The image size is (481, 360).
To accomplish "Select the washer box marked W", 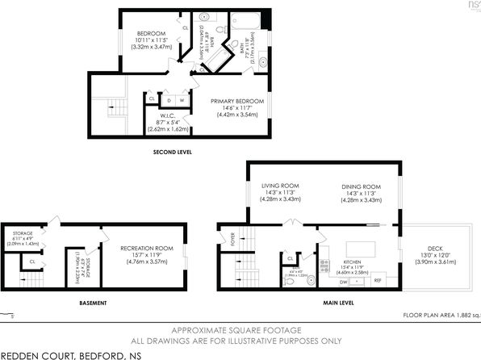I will tap(182, 100).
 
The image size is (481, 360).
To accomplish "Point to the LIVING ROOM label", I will tap(275, 186).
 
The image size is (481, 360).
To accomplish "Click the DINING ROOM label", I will tap(362, 186).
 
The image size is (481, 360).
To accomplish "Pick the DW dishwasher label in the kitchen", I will tap(344, 282).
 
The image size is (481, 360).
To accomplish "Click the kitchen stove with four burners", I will tap(324, 263).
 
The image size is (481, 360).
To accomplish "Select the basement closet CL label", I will tap(31, 262).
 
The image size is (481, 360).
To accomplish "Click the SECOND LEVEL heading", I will tap(172, 151).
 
